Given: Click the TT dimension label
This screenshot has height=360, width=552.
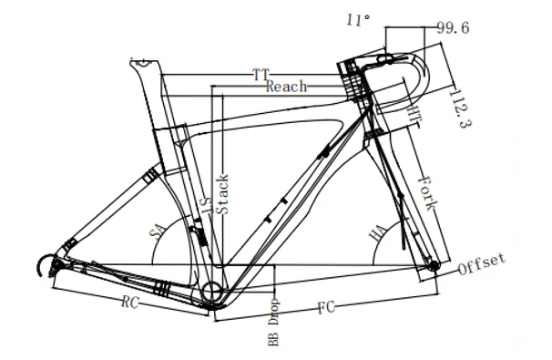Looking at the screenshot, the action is point(261,75).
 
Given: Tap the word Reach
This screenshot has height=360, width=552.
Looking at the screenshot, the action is point(286,87).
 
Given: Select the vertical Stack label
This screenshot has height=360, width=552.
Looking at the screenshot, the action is point(222,194).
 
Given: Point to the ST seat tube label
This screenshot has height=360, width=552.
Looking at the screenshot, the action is point(208,205).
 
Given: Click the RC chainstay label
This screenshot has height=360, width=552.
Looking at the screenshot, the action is point(130,303).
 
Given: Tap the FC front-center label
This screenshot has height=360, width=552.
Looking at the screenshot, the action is point(326,307).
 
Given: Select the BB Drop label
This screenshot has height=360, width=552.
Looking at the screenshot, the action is point(273,323).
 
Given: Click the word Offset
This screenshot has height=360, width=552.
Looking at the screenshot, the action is point(482,263).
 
